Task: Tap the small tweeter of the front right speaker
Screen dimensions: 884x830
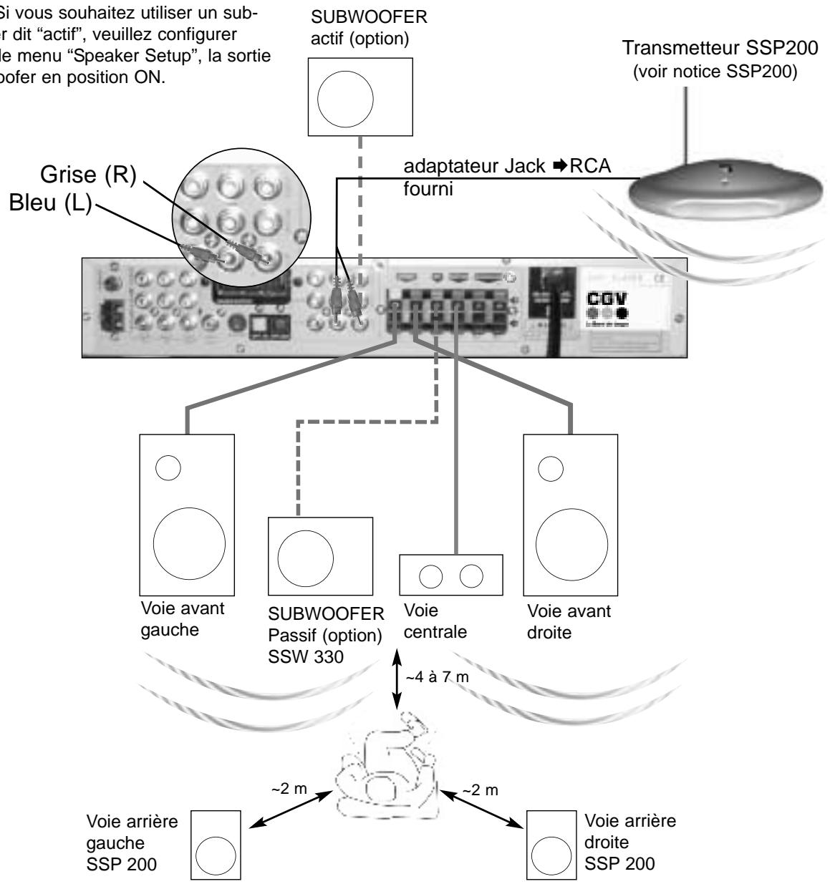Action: (x=551, y=469)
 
